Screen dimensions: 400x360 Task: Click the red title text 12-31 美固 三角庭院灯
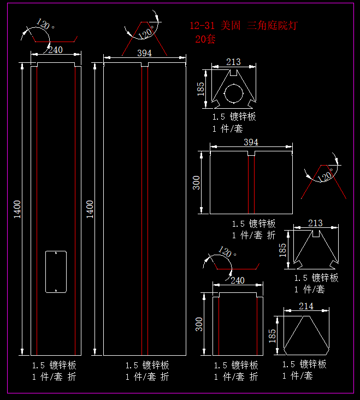244,26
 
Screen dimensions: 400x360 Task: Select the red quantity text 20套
205,39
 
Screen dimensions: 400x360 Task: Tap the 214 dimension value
306,306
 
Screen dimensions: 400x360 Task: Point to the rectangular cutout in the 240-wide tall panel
55,272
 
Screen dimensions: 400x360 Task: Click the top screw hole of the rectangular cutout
55,254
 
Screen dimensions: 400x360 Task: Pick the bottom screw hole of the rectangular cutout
55,290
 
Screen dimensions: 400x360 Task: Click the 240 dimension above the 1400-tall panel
55,50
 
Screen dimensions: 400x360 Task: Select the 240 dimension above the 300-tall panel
238,280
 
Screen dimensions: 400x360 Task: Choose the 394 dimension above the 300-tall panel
251,142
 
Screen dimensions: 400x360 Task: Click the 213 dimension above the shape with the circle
233,62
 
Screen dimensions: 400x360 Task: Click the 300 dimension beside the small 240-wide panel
199,324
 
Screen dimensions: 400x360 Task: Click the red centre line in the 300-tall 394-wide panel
249,186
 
